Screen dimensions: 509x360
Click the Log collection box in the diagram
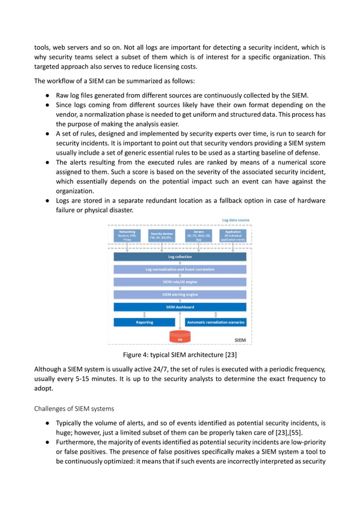point(180,257)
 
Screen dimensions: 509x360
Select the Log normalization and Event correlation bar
point(180,269)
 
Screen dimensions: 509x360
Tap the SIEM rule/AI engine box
point(180,282)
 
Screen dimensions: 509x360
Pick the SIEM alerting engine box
point(180,294)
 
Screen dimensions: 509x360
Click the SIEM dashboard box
point(180,307)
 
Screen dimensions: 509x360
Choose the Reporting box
point(144,322)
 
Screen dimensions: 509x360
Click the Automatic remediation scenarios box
point(216,322)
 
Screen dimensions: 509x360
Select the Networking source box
point(127,235)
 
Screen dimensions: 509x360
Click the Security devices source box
point(162,235)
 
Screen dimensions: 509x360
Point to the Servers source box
point(198,235)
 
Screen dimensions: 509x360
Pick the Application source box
point(233,235)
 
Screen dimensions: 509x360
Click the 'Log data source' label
point(235,220)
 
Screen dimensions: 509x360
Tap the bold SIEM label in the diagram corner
point(240,340)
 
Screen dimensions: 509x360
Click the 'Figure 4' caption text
point(180,355)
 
